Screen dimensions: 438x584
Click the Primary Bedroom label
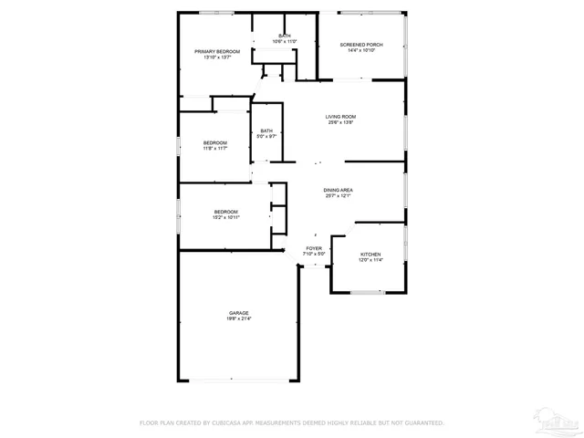click(x=217, y=51)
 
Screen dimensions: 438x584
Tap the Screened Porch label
click(x=361, y=45)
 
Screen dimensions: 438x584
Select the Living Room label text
click(x=340, y=117)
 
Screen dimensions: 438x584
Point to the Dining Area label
click(x=338, y=190)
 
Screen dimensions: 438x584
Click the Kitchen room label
click(x=370, y=255)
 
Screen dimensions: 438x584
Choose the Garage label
click(x=239, y=313)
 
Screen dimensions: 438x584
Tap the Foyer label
click(x=314, y=248)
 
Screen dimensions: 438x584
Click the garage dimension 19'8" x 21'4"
click(x=239, y=318)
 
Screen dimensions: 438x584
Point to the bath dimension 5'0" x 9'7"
click(x=266, y=136)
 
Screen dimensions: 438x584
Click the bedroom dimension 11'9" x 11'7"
click(x=214, y=148)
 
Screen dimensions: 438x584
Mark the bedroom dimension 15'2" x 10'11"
click(x=226, y=217)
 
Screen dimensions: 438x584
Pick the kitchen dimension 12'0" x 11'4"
click(x=370, y=260)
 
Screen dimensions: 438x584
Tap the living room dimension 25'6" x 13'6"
click(x=340, y=122)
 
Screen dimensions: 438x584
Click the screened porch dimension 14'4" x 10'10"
click(x=361, y=50)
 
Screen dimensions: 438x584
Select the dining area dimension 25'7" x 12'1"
click(x=338, y=195)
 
